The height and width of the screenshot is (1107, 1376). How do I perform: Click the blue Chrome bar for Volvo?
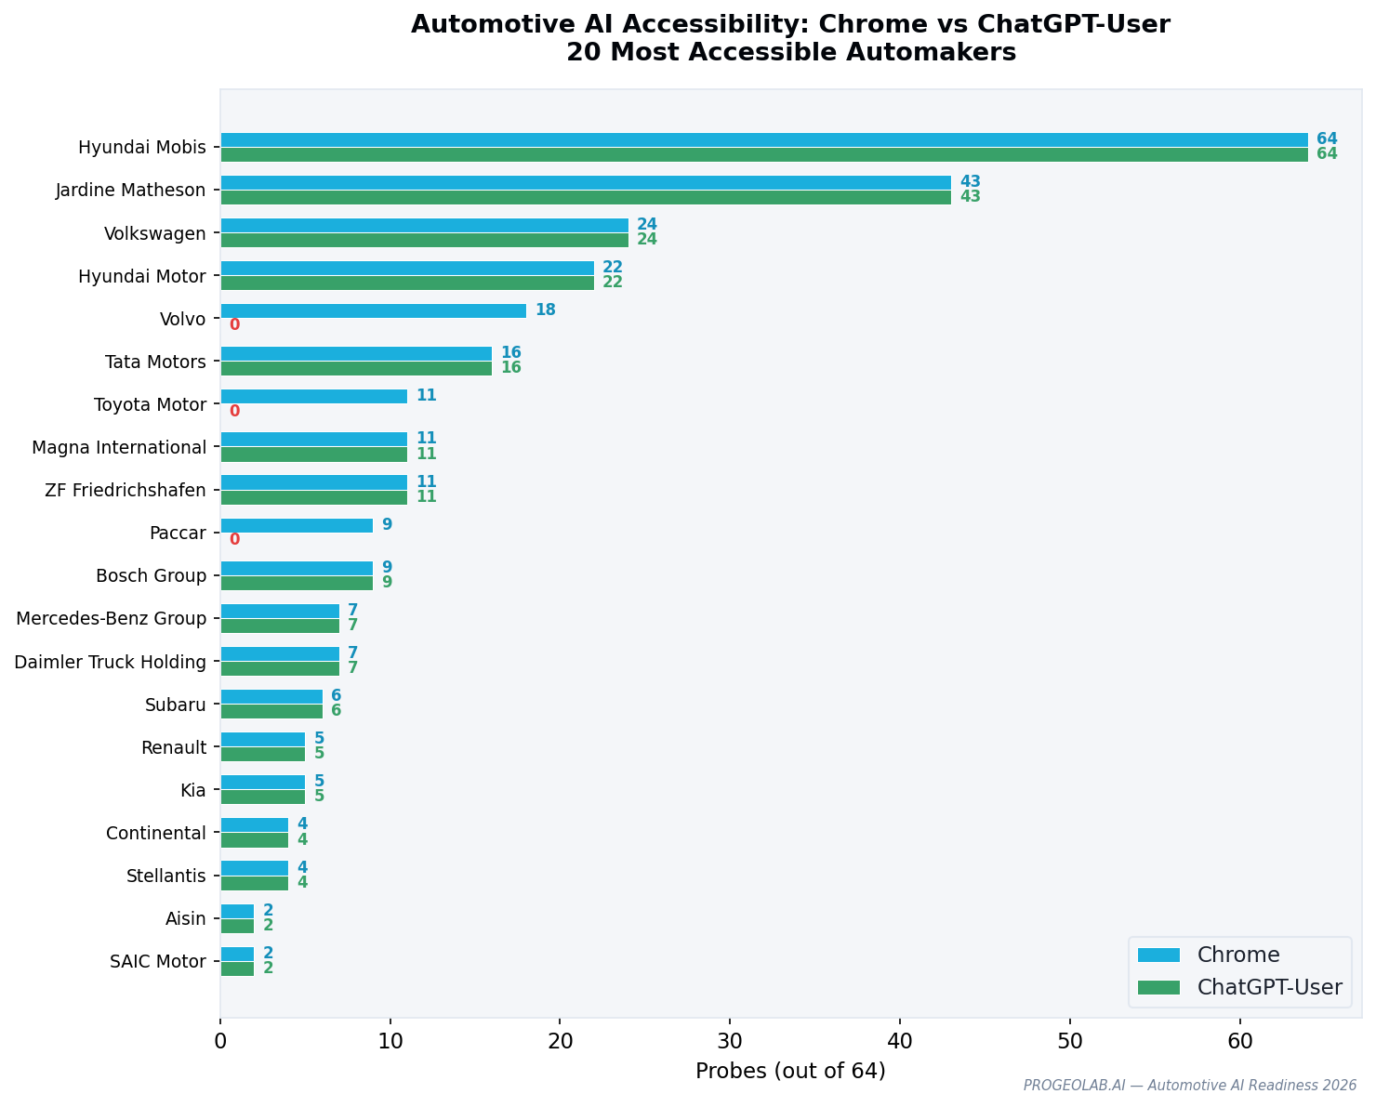tap(373, 310)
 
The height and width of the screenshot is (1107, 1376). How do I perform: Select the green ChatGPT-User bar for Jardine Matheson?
tap(585, 197)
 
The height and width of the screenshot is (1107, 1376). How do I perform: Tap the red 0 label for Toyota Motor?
tap(234, 411)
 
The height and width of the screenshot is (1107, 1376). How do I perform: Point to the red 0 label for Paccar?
tap(234, 539)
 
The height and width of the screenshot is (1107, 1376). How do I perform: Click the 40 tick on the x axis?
tap(900, 1042)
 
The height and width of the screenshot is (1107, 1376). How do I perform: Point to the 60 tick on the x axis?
tap(1239, 1042)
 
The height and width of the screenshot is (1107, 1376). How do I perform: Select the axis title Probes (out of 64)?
tap(790, 1071)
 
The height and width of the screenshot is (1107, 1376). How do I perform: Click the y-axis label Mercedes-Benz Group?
tap(111, 618)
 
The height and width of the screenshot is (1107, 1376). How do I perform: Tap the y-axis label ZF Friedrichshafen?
tap(126, 490)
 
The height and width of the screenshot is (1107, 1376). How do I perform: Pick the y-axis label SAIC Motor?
tap(157, 961)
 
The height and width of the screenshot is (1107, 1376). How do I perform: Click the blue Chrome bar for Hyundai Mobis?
tap(763, 139)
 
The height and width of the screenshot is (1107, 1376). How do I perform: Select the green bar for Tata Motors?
tap(356, 368)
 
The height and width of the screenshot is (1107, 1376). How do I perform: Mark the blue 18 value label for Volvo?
tap(545, 310)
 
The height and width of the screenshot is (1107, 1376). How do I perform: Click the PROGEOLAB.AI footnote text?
tap(1189, 1086)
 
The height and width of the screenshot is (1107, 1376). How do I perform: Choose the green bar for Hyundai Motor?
tap(406, 283)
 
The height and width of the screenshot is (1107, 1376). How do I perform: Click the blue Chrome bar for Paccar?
tap(297, 525)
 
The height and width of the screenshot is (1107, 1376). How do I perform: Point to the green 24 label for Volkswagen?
tap(646, 240)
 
